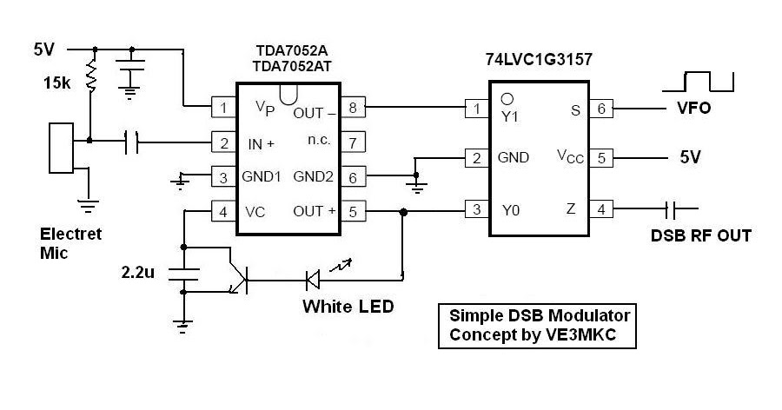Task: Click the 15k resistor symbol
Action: pos(90,75)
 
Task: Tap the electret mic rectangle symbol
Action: pos(62,149)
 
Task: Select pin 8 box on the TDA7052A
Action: pos(353,107)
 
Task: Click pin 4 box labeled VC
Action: pos(223,212)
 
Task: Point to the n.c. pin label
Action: pos(319,140)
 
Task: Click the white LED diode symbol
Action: pos(313,280)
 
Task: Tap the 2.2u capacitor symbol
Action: pos(183,274)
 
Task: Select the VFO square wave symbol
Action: pos(699,83)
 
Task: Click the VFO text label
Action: pos(693,108)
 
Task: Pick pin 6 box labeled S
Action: pos(601,109)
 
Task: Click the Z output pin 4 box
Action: pos(601,209)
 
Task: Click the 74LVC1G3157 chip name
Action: pos(539,59)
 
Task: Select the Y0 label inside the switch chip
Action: pos(511,210)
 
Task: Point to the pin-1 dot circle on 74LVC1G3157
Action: pos(507,98)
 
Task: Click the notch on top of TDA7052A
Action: pos(288,95)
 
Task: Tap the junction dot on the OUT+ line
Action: pos(403,213)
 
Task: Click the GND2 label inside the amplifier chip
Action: pos(313,176)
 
